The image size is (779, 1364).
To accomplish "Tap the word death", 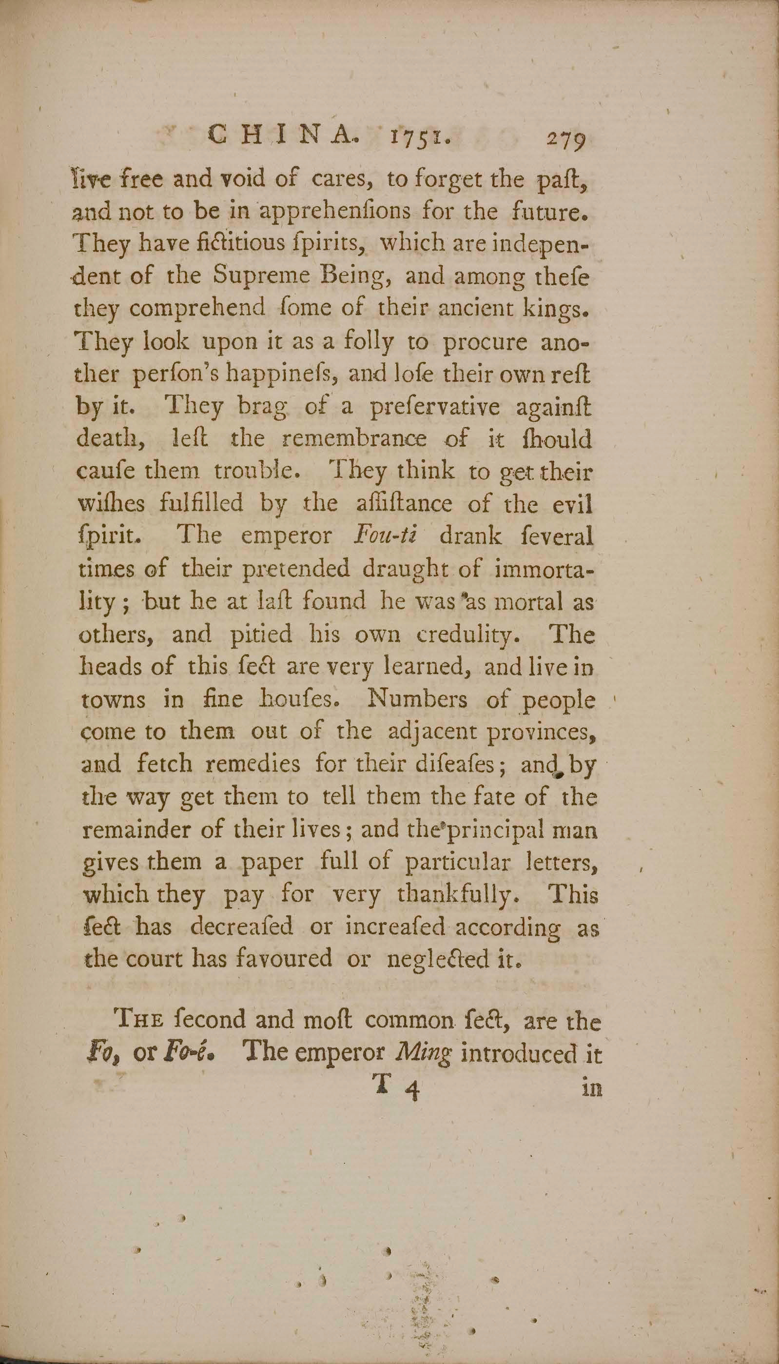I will [x=108, y=441].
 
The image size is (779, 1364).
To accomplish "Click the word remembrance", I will [x=355, y=440].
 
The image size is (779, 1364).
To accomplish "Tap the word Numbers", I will [x=418, y=700].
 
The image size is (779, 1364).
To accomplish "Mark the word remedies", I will [x=253, y=764].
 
